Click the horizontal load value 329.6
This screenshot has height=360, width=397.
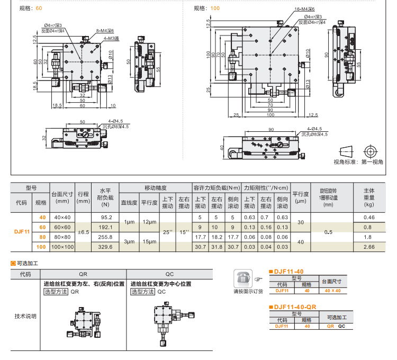click(106, 247)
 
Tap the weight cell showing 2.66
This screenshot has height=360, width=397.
click(368, 247)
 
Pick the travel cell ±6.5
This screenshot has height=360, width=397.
click(83, 232)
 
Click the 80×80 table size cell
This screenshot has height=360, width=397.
click(62, 237)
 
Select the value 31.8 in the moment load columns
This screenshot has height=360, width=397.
click(217, 247)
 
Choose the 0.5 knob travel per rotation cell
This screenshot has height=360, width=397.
click(328, 232)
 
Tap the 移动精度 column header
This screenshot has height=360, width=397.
click(155, 188)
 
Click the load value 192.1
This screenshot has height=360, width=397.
click(106, 227)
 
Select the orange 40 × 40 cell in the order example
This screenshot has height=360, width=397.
click(332, 290)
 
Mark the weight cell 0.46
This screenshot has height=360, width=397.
click(368, 218)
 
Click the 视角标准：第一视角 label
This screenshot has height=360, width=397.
click(358, 162)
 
